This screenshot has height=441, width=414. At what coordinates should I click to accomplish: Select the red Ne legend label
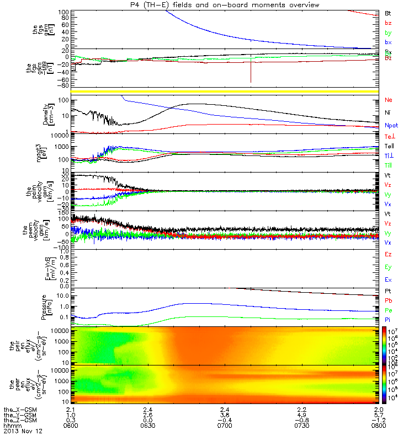tap(388, 100)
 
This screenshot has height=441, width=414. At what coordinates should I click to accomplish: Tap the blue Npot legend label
tap(390, 126)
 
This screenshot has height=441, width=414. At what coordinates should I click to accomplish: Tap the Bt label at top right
tap(388, 13)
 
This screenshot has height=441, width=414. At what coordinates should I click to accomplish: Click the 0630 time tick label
tap(147, 426)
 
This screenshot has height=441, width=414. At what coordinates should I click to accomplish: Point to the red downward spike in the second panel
tap(251, 72)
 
